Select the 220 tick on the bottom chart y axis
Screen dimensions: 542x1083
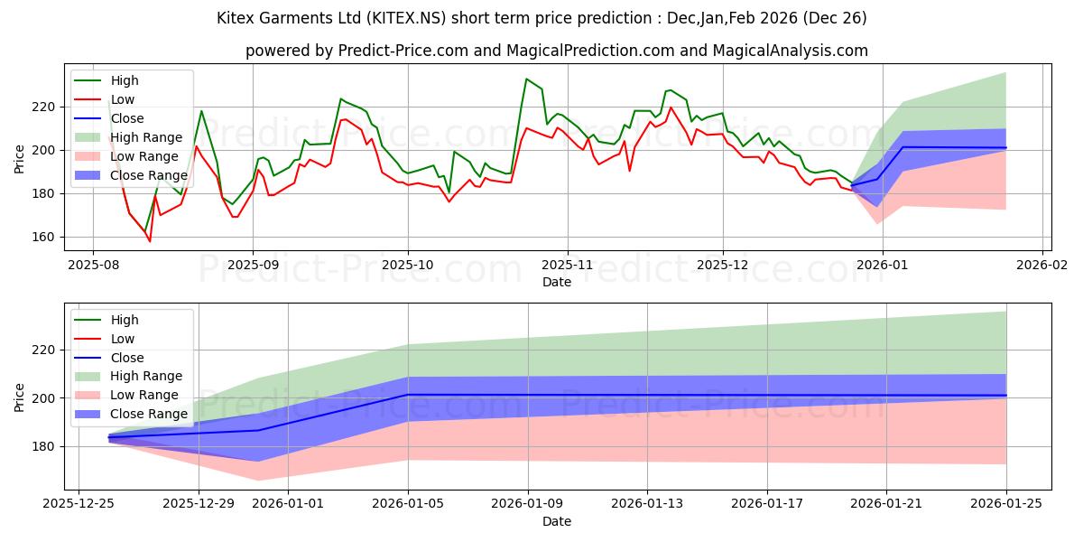coord(46,350)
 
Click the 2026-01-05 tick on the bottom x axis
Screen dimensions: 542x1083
coord(408,503)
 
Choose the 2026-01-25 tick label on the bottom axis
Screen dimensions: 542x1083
coord(1006,503)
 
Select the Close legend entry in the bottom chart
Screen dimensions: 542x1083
coord(126,358)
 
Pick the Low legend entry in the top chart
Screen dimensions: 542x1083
coord(123,99)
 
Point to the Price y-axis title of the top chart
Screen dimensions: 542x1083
coord(20,158)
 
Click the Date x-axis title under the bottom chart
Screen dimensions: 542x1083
coord(556,521)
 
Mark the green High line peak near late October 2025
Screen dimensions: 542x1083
coord(526,79)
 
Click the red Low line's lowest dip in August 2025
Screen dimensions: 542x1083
coord(150,241)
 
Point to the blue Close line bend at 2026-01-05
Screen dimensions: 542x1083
coord(408,395)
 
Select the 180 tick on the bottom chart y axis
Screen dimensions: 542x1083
coord(46,446)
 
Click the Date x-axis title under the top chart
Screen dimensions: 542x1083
coord(556,282)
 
